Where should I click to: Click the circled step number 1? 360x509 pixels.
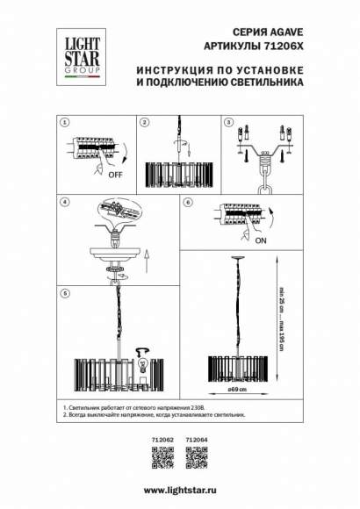[x=63, y=123]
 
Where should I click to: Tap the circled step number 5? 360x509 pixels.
[x=63, y=293]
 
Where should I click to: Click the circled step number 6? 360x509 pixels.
[x=188, y=202]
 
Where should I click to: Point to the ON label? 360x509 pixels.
[x=262, y=235]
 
